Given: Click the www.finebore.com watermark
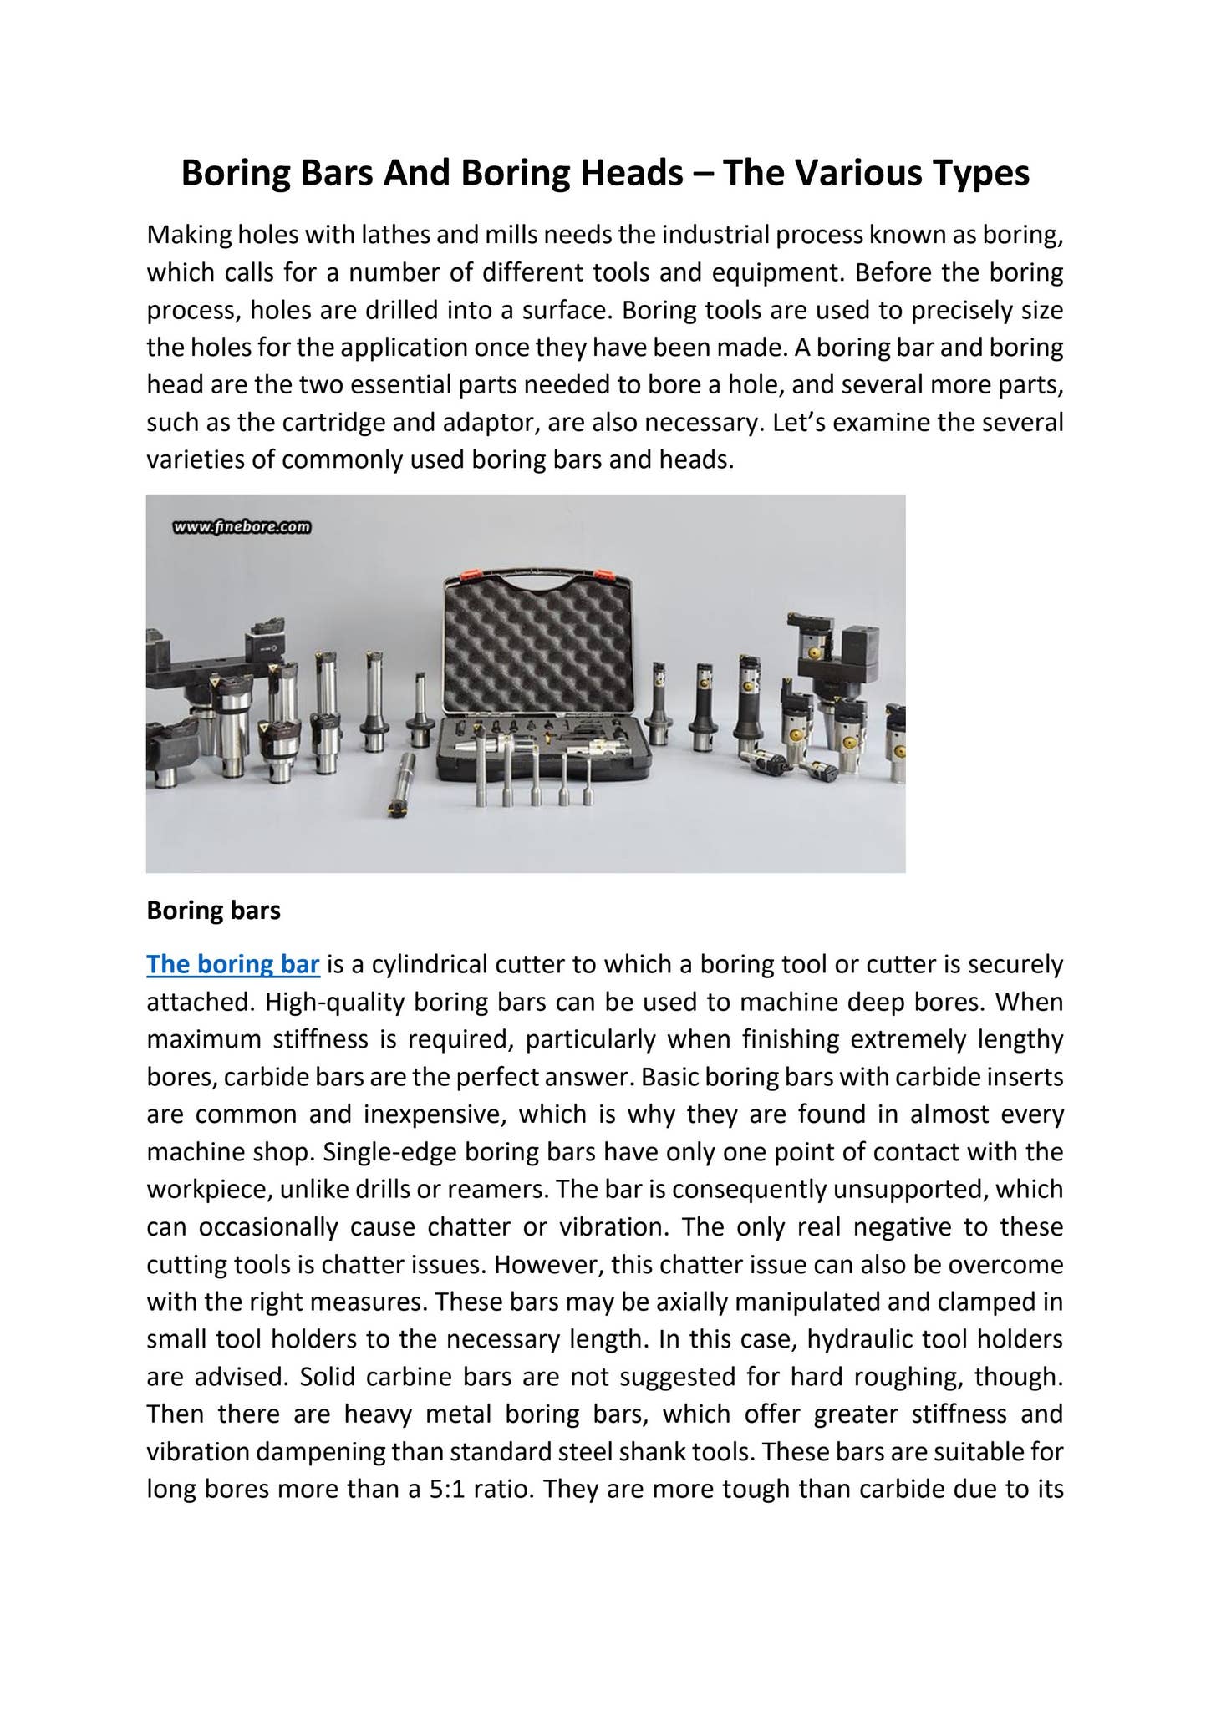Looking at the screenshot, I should tap(242, 527).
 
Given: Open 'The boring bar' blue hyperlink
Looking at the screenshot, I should tap(233, 965).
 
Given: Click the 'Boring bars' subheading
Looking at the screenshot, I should tap(213, 910).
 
